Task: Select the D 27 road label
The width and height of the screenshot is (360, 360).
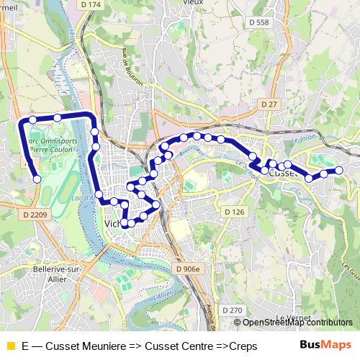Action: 269,104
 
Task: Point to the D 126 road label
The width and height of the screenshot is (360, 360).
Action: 235,212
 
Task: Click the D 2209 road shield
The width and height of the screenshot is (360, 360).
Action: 35,215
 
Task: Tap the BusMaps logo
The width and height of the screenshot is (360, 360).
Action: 326,346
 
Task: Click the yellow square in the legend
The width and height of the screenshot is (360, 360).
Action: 10,346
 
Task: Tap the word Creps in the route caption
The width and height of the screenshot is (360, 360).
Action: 243,346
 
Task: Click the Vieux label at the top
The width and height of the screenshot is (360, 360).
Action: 193,3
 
